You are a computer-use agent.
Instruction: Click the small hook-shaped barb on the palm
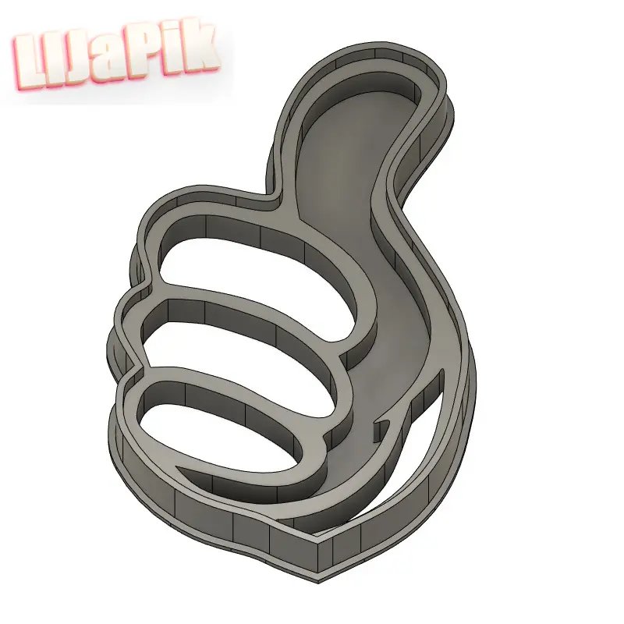pos(384,425)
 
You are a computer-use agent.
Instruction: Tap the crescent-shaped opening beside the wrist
pos(437,452)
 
